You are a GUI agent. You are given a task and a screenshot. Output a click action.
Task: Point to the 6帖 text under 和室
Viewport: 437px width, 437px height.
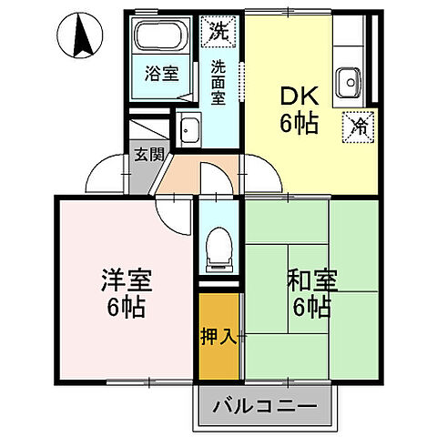pyautogui.click(x=311, y=307)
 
